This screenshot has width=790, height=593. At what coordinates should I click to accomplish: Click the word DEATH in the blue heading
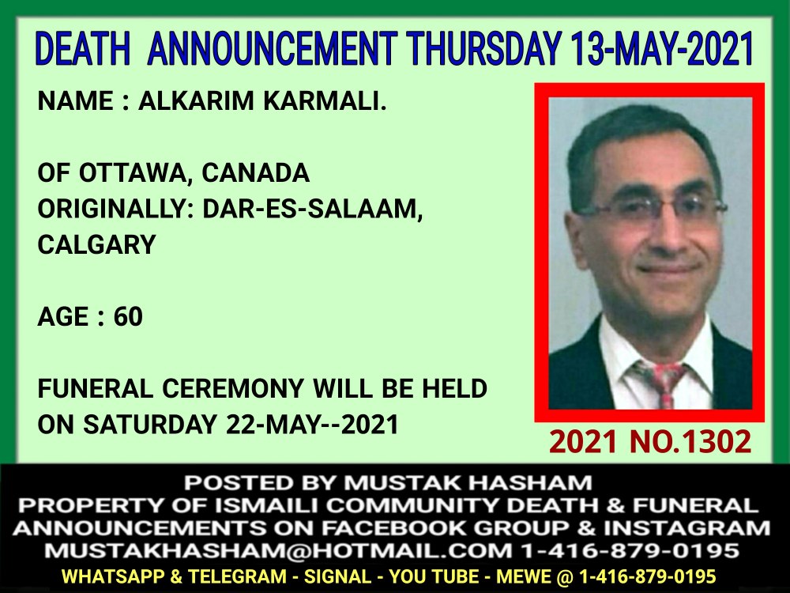(83, 49)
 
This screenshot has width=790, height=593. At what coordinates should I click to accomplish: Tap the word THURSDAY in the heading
(485, 49)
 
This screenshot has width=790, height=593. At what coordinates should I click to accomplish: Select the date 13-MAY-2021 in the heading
(662, 49)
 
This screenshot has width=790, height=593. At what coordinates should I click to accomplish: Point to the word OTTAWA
(137, 174)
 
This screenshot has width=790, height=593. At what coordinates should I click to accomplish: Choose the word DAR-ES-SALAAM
(312, 210)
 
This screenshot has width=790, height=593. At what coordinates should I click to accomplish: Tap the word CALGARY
(96, 245)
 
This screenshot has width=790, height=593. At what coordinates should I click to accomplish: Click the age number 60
(128, 317)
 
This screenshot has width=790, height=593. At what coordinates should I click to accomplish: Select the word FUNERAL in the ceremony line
(96, 389)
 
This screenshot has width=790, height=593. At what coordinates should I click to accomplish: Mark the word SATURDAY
(150, 425)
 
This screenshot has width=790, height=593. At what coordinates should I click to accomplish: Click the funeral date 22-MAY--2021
(312, 425)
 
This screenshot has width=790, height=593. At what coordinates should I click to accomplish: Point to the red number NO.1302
(690, 442)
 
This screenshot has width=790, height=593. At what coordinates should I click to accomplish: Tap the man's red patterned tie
(661, 383)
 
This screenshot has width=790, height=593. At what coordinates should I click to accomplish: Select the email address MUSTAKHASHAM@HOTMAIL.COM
(278, 550)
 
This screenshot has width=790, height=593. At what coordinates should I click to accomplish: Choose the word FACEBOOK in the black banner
(393, 528)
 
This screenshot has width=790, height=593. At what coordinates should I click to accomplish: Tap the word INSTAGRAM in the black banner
(687, 528)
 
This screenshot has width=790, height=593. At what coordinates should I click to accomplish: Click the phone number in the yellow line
(648, 576)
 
